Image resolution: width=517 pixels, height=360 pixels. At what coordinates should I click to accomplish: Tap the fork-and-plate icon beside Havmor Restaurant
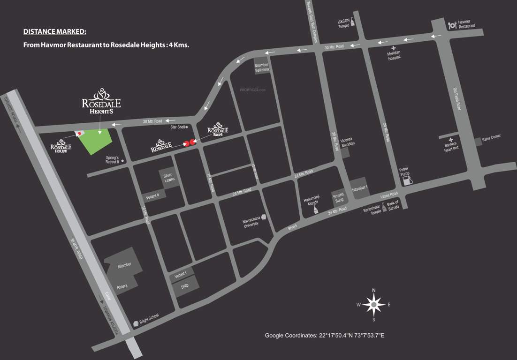click(x=452, y=25)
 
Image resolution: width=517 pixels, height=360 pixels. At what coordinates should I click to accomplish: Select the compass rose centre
click(x=374, y=305)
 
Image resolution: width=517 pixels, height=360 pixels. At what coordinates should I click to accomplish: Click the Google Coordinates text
click(x=325, y=336)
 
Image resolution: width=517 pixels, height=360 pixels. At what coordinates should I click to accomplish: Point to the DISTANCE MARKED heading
click(x=55, y=32)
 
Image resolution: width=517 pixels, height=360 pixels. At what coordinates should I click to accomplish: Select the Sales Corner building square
click(x=478, y=141)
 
